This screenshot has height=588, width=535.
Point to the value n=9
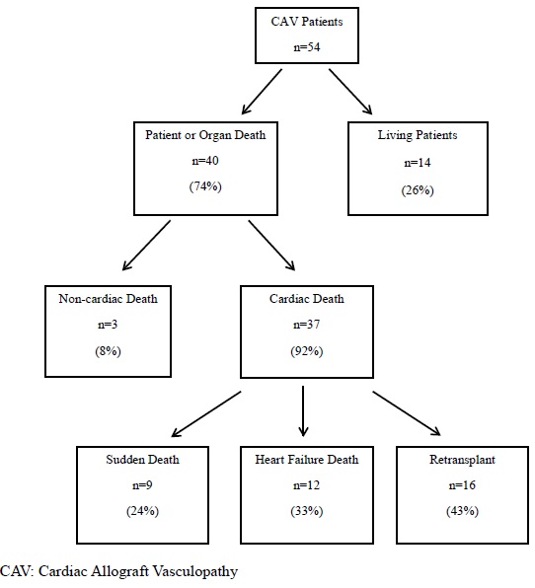(144, 485)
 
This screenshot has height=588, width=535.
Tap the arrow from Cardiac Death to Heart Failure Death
(304, 411)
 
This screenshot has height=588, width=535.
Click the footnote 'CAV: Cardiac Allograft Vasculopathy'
(119, 570)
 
